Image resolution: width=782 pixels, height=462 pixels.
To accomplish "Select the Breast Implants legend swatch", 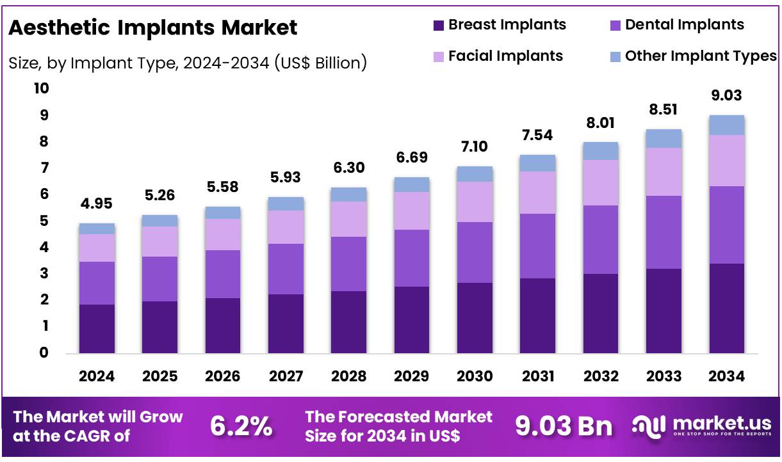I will point(439,26).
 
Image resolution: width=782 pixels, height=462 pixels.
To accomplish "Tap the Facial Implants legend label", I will point(505,56).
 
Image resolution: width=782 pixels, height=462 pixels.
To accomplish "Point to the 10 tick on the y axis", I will point(41,89).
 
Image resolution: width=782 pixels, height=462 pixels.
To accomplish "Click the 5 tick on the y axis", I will point(44,221).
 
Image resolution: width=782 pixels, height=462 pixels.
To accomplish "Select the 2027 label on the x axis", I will point(286,376).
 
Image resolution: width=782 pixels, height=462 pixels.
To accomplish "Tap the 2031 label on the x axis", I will point(537,376).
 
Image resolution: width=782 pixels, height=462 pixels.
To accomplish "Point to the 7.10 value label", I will point(475,147).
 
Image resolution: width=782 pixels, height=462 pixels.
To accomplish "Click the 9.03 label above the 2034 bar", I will point(727,96).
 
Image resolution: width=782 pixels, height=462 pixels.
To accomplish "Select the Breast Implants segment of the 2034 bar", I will point(727,308).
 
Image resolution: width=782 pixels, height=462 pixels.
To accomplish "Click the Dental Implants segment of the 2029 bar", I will point(411,258).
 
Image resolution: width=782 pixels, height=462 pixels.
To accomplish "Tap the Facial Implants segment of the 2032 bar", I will point(600,182).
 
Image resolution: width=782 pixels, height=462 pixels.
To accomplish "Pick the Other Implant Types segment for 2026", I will point(223,212).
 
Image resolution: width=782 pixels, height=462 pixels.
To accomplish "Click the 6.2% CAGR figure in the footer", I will point(241,426).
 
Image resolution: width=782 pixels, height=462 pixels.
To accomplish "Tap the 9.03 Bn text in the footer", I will point(564,426).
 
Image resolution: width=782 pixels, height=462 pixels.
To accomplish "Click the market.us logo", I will point(701,426).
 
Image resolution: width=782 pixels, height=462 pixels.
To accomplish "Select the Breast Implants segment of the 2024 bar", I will point(97,328).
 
